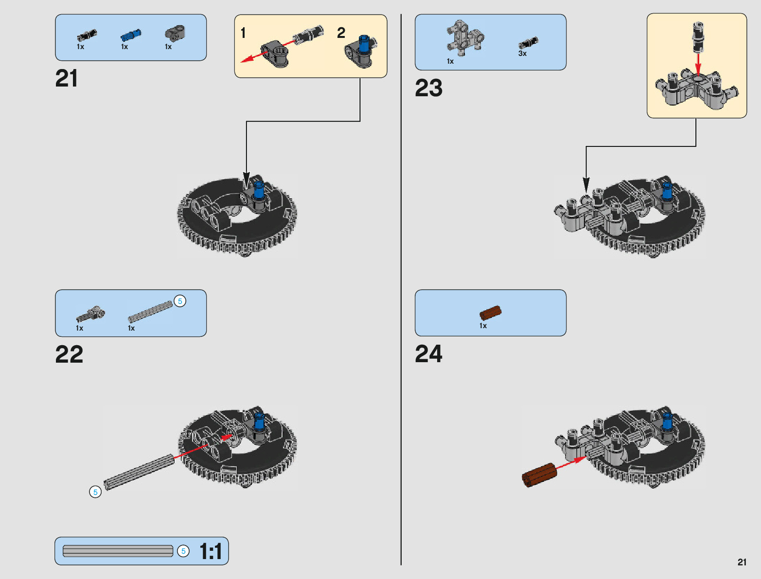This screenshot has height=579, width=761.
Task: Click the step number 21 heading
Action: [67, 79]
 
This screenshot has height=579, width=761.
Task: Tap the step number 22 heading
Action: [69, 354]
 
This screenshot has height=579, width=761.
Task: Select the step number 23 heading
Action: [428, 88]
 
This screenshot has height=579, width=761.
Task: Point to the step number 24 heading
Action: [428, 354]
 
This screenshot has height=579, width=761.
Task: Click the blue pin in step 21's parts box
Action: [131, 35]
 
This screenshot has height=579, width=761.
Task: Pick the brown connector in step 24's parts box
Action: [490, 313]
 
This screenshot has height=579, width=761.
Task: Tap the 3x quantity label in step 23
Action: [522, 53]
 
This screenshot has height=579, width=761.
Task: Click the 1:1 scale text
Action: [211, 552]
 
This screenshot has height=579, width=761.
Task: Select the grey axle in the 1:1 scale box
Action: [118, 551]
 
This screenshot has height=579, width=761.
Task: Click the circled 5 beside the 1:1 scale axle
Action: [183, 551]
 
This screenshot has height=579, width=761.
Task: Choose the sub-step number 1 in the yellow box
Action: [243, 33]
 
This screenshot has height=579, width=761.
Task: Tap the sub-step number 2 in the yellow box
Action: [341, 33]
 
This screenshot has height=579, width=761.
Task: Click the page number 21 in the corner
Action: [742, 562]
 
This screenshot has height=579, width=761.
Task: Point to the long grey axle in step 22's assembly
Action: [140, 472]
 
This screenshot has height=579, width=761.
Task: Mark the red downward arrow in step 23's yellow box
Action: [698, 63]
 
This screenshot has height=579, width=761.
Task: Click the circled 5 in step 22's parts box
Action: [180, 301]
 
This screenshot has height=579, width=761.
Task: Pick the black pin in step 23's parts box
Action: [528, 43]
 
